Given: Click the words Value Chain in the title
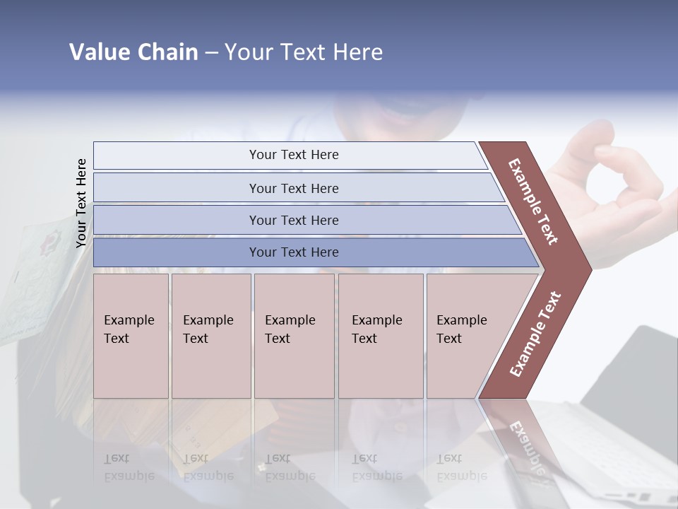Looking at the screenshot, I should pos(133,52).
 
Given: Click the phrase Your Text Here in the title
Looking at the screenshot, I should pos(304,52).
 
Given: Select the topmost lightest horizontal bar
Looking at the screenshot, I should pos(290,155).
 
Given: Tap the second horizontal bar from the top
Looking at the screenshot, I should pos(293,188).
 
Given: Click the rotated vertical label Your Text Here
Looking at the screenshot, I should pos(81,203).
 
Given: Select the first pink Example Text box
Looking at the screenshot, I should pos(131,335).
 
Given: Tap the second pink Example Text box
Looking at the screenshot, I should pos(210,335).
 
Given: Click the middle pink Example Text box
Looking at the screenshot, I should pos(293,335).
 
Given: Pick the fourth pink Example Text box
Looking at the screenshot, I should pos(380,335).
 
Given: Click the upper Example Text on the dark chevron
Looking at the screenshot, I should pos(533,201).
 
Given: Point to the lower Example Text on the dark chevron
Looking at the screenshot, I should pos(535,334).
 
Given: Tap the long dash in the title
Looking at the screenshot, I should pos(211,53).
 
